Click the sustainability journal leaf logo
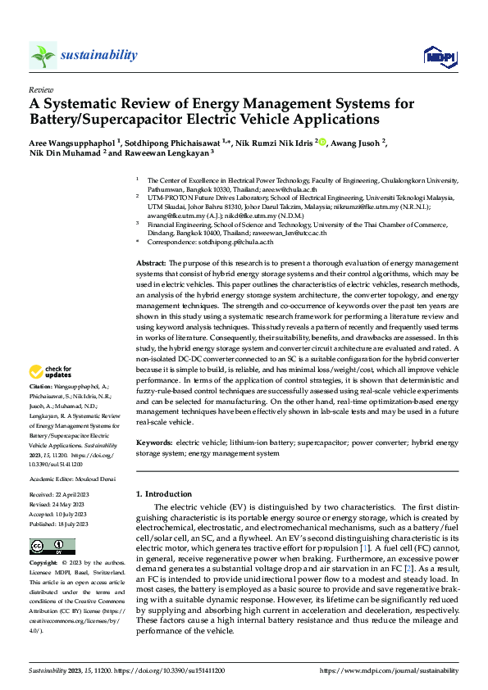[x=43, y=55]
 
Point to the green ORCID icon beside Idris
[x=322, y=142]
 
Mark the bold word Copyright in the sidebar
[x=43, y=564]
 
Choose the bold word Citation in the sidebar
[x=41, y=386]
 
